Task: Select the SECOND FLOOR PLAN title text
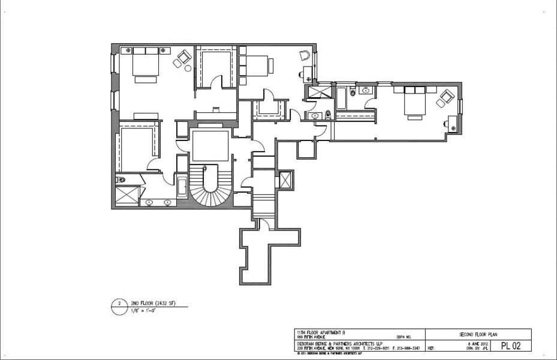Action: tap(478, 334)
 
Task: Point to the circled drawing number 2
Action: tap(119, 304)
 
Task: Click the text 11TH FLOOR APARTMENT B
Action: tap(321, 332)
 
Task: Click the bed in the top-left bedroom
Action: tap(144, 64)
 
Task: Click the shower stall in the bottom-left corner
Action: tap(127, 196)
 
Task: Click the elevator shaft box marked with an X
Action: tap(287, 180)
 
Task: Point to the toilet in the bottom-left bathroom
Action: tap(121, 179)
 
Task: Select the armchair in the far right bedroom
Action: tap(446, 97)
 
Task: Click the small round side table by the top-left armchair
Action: tap(188, 68)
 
